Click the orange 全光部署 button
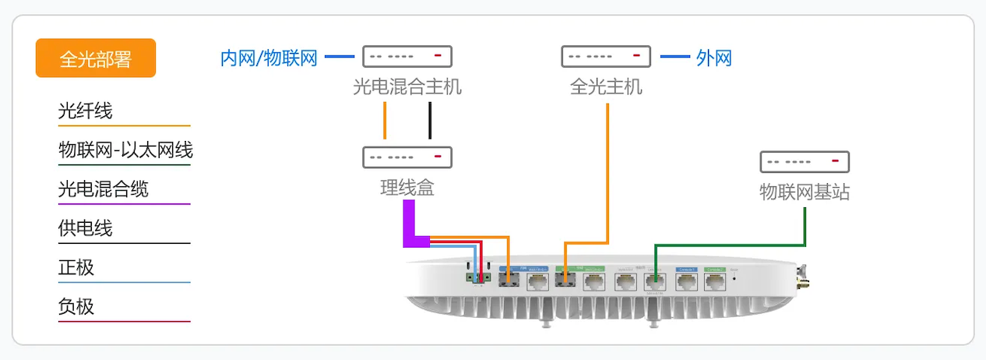coord(96,58)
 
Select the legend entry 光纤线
coord(86,111)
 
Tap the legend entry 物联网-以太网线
coord(125,150)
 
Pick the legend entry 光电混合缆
coord(104,189)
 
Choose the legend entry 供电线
coord(86,228)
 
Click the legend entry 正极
coord(76,267)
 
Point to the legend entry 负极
coord(76,306)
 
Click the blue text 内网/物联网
coord(269,58)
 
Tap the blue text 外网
coord(714,58)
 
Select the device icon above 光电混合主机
coord(407,56)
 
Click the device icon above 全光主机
coord(606,56)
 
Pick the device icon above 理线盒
coord(407,157)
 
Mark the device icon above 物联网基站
coord(805,162)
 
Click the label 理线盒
coord(407,188)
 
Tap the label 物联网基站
coord(805,192)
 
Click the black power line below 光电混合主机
coord(429,121)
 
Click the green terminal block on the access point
coord(477,277)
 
